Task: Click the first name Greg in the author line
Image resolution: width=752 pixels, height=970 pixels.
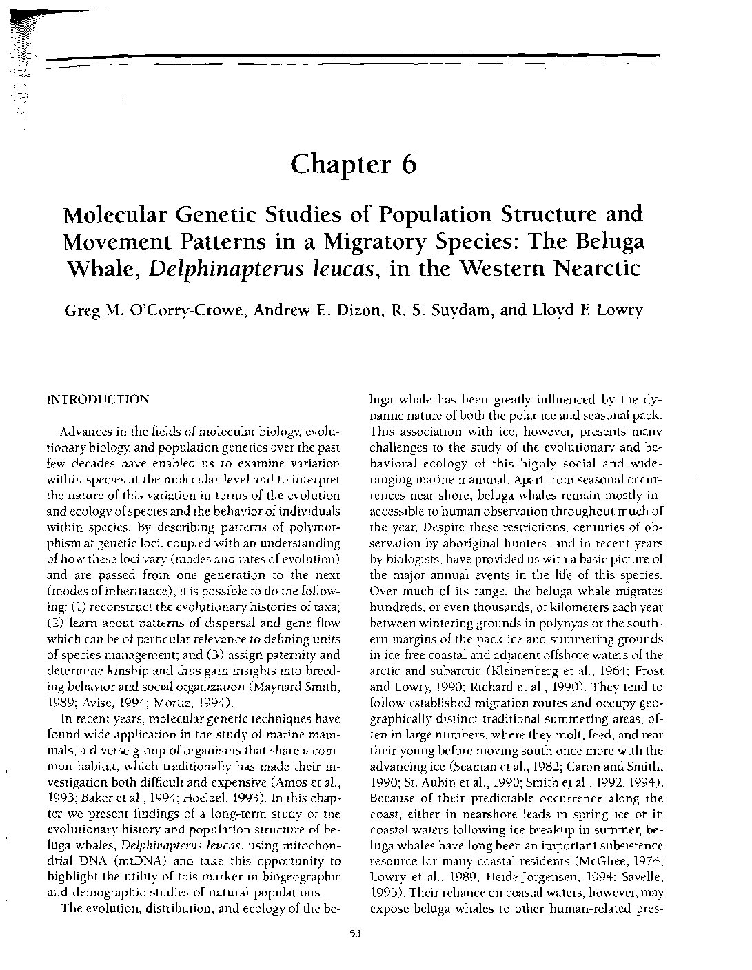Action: [81, 310]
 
